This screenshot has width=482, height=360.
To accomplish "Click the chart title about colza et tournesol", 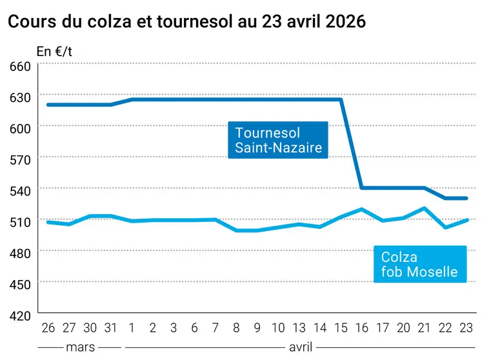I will coord(186,21).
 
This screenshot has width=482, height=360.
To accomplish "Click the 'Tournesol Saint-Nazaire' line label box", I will coord(278,141).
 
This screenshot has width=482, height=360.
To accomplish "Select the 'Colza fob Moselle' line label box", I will coord(419,265).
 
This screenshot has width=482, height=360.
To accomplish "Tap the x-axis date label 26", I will coord(48,328).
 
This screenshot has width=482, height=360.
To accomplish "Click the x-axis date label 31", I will coord(110,328).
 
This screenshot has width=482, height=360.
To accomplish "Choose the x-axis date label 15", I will coord(341,328).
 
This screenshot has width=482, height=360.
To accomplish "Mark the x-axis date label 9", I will coord(257,328).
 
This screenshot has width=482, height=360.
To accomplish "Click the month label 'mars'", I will coord(80,347).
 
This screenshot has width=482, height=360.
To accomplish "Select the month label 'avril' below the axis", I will coord(301,347).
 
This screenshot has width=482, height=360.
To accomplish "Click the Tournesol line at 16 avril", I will coord(362,188).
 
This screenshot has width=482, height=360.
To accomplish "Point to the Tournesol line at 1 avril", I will coord(132,99).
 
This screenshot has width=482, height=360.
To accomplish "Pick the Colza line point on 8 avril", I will coord(236,230).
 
